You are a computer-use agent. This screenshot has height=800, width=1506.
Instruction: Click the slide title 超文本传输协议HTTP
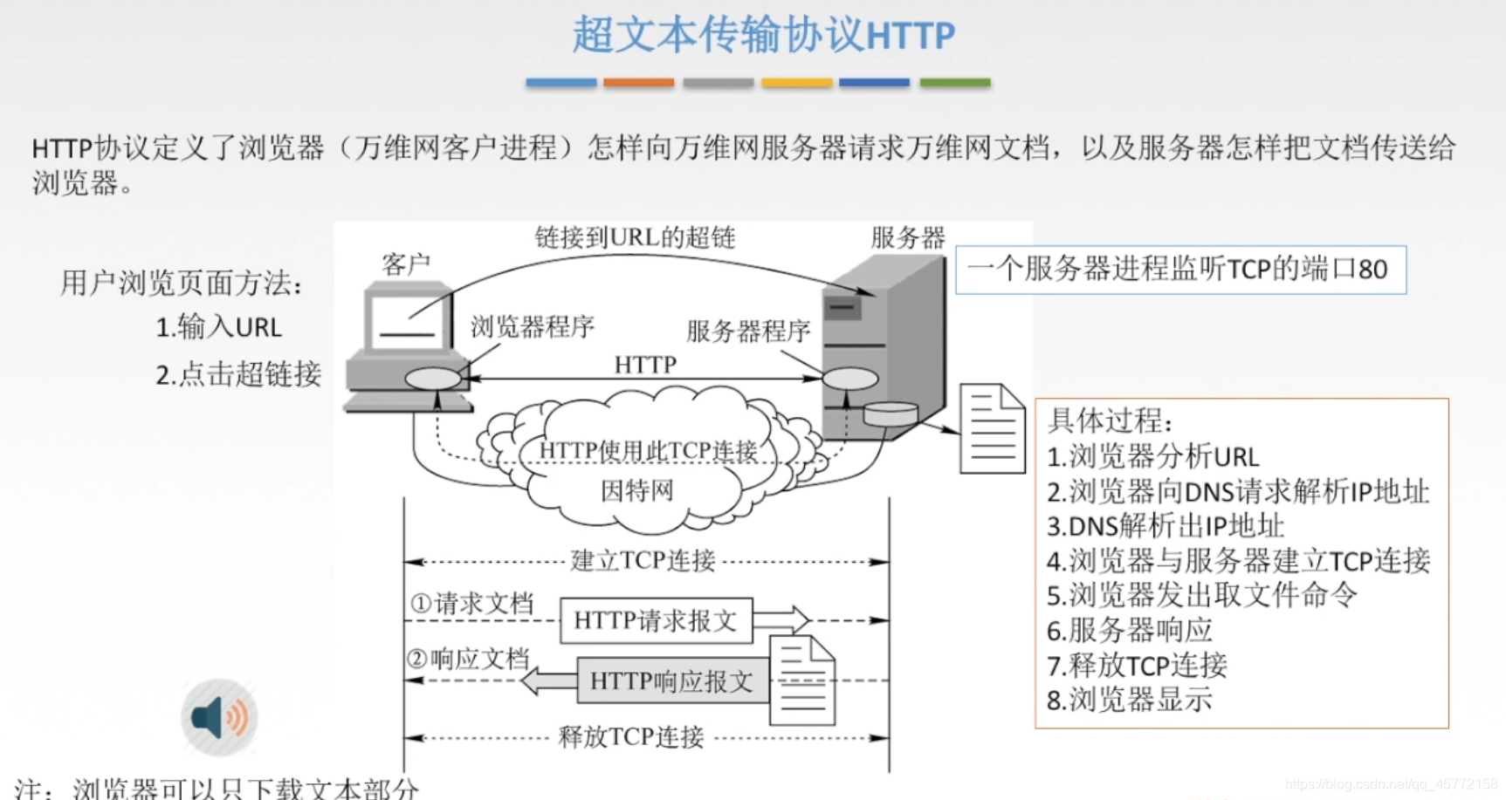[x=764, y=36]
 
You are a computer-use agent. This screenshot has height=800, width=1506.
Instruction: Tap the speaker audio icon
[x=219, y=717]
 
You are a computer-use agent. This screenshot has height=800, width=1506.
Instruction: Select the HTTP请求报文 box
[x=656, y=620]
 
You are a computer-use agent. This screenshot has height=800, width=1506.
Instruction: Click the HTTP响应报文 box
[x=671, y=681]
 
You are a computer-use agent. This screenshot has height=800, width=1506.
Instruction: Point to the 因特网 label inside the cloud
[x=636, y=490]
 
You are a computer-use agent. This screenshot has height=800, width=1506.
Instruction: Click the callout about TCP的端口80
[x=1180, y=270]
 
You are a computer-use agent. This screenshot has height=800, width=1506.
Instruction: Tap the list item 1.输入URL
[x=218, y=327]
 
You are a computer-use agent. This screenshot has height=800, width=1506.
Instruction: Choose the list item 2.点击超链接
[x=238, y=374]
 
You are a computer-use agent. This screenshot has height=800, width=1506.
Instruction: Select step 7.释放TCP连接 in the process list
[x=1137, y=666]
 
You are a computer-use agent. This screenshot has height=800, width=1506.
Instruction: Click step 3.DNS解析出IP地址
[x=1165, y=526]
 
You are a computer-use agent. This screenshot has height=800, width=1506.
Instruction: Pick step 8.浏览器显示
[x=1129, y=700]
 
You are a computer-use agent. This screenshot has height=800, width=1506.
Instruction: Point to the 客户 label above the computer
[x=406, y=263]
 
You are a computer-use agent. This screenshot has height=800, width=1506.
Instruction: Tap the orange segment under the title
[x=638, y=83]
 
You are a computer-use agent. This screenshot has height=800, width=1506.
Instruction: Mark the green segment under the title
[x=955, y=83]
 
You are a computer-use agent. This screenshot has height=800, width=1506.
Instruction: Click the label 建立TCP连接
[x=643, y=560]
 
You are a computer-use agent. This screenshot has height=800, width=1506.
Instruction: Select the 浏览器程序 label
[x=533, y=327]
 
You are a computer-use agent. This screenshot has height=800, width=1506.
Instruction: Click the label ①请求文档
[x=472, y=603]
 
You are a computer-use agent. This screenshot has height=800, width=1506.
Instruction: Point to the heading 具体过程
[x=1109, y=421]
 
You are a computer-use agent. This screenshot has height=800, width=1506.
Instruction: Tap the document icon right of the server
[x=992, y=429]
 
